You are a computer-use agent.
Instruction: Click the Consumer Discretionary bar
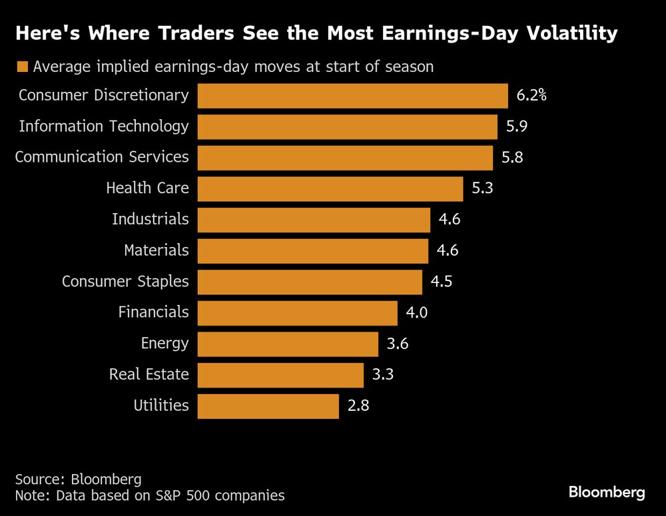353,96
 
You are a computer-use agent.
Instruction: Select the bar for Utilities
268,406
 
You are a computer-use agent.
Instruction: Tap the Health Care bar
330,189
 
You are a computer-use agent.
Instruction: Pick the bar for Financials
298,313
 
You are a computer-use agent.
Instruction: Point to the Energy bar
288,344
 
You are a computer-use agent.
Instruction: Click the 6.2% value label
531,96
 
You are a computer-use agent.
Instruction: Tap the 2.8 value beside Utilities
358,406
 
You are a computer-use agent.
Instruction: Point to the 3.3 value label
383,375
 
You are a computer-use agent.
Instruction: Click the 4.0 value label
416,313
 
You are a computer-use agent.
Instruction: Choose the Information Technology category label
104,127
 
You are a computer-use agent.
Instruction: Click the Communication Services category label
102,158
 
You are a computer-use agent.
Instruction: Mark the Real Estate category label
149,375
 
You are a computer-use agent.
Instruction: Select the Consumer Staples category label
125,282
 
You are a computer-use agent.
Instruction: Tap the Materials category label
157,251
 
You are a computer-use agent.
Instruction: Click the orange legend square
23,67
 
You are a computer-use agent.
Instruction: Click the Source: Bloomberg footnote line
79,479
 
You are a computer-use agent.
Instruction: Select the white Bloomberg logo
607,493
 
